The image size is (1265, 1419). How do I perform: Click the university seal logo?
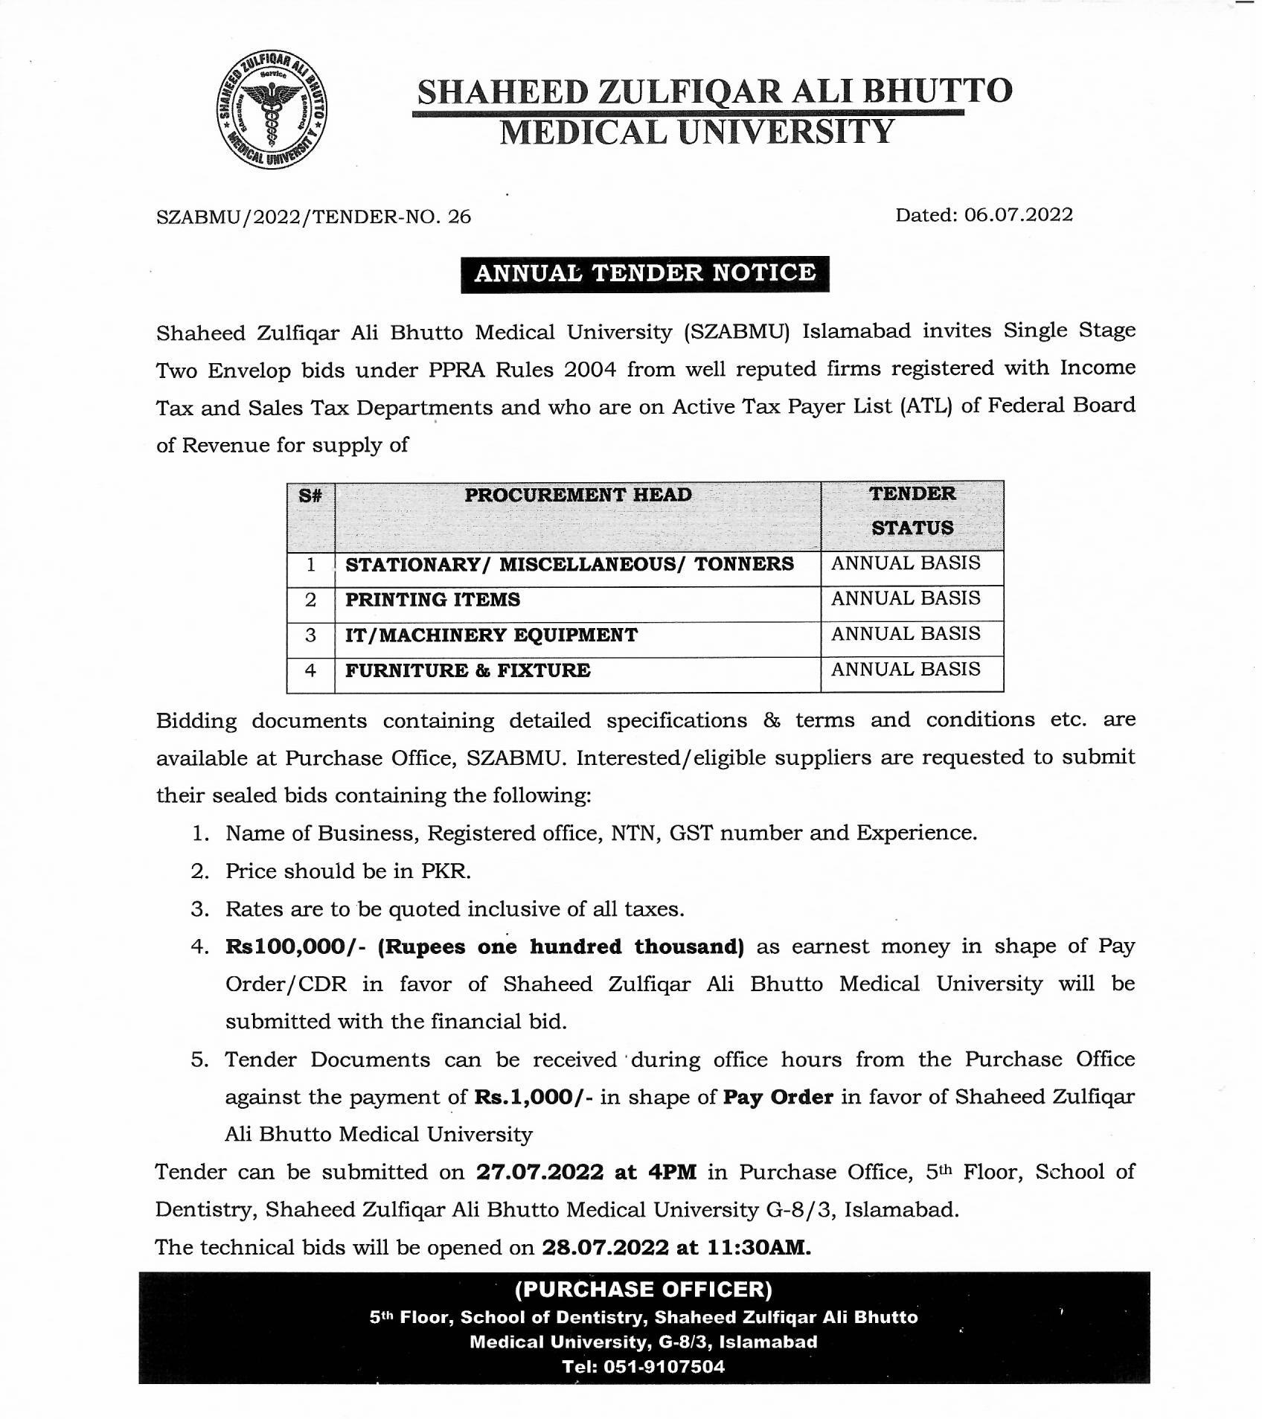coord(270,110)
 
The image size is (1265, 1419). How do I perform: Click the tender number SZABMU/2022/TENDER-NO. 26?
coord(313,217)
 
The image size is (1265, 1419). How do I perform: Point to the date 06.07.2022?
coord(1019,215)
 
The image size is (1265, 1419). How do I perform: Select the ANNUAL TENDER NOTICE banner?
coord(644,273)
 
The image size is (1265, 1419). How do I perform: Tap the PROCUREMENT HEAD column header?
coord(577,495)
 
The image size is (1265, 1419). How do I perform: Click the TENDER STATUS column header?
coord(912,510)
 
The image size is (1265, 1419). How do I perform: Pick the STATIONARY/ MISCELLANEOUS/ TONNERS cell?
coord(569,564)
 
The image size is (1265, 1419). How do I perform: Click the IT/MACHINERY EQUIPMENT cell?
coord(491,635)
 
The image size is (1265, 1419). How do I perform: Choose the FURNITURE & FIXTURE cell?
coord(467,671)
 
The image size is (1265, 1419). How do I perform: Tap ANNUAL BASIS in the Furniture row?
coord(906,670)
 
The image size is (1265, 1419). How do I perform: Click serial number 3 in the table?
coord(310,635)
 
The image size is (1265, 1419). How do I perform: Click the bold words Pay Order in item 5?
coord(778,1098)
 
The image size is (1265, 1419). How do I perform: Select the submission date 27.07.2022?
coord(539,1173)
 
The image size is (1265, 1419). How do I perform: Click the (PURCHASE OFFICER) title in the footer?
coord(644,1290)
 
